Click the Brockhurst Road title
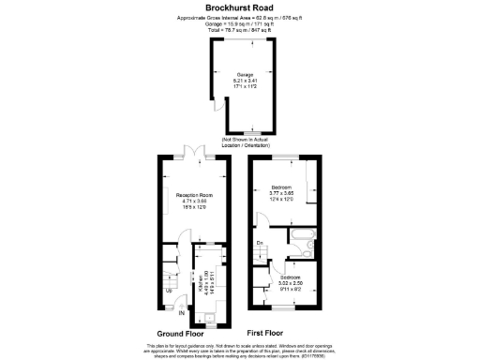[x=239, y=7]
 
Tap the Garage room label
[x=245, y=75]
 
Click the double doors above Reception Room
[x=191, y=152]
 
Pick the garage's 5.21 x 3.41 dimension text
[x=245, y=82]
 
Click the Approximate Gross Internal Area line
[x=239, y=18]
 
